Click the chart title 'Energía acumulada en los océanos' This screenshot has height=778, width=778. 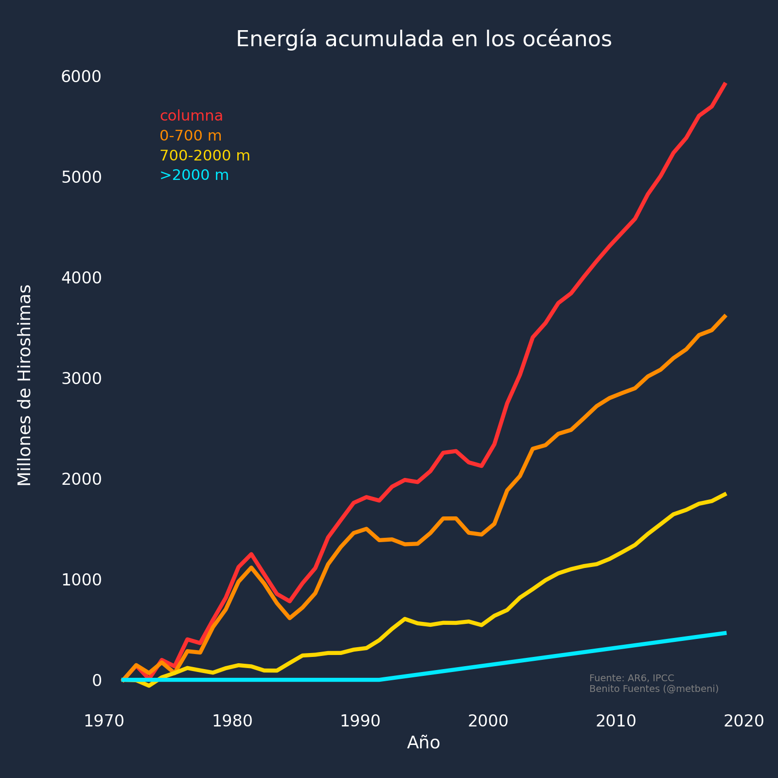coord(424,39)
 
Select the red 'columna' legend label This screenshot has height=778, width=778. coord(191,116)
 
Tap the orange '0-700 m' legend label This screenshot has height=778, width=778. coord(191,136)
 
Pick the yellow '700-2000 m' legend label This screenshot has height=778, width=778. coord(205,156)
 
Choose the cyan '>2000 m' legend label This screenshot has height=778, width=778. coord(194,175)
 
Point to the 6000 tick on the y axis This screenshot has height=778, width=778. coord(81,76)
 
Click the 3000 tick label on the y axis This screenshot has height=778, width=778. coord(81,378)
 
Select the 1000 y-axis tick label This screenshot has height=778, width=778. coord(81,580)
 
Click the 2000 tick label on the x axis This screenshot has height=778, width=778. coord(488,721)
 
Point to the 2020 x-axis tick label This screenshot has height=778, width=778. coord(744,721)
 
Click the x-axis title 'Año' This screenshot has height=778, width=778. coord(424,743)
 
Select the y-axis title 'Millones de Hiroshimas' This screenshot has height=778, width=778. coord(25,385)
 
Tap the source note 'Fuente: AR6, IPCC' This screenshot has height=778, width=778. coord(631,678)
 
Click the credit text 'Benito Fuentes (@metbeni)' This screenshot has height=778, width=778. coord(654,689)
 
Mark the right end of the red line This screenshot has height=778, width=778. coord(725,84)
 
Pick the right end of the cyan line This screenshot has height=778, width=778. coord(725,633)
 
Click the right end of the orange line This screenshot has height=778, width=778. coord(725,316)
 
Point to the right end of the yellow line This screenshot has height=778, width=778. coord(725,494)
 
